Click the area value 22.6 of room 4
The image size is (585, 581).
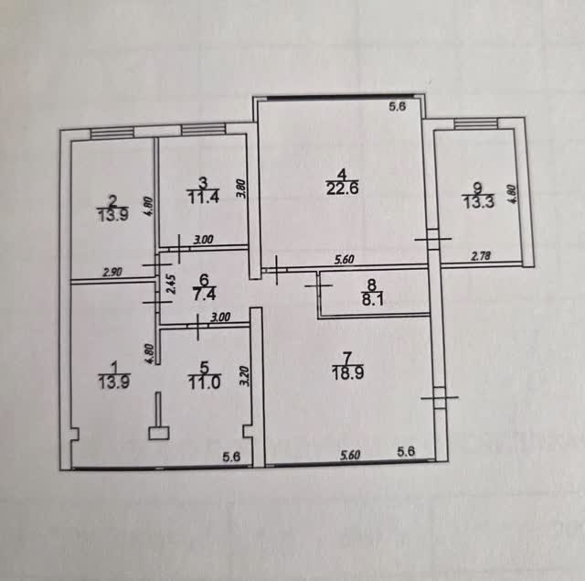click(342, 188)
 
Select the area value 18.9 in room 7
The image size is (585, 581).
click(347, 373)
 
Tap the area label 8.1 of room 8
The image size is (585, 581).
click(373, 299)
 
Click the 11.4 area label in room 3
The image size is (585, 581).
click(203, 197)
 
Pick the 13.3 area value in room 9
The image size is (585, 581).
click(479, 202)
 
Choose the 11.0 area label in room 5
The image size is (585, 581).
click(205, 382)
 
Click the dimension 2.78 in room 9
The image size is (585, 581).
click(482, 256)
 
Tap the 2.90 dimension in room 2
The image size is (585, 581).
click(112, 273)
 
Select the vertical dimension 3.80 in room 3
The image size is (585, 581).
click(241, 188)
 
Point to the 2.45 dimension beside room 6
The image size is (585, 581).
click(171, 285)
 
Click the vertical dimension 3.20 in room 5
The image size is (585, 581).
click(245, 376)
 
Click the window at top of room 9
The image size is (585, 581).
click(476, 124)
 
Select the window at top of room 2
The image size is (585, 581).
click(112, 134)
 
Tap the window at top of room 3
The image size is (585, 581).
click(204, 130)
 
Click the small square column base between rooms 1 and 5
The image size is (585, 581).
click(159, 433)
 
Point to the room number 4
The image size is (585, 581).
click(342, 175)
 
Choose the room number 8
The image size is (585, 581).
click(372, 285)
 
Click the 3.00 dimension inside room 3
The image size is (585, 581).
click(203, 240)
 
